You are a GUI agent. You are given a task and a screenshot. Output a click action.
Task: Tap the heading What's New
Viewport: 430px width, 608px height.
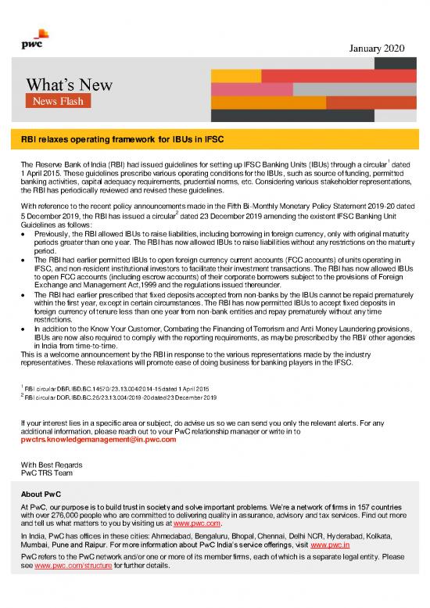(x=70, y=84)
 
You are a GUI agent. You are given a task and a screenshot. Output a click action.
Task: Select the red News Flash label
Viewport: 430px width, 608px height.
(x=56, y=102)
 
